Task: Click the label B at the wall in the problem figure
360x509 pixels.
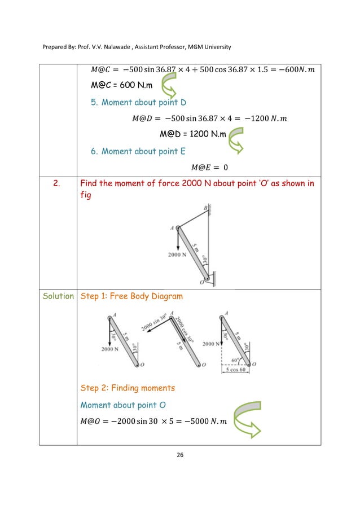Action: pyautogui.click(x=205, y=208)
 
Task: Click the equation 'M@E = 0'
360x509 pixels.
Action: pyautogui.click(x=209, y=167)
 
